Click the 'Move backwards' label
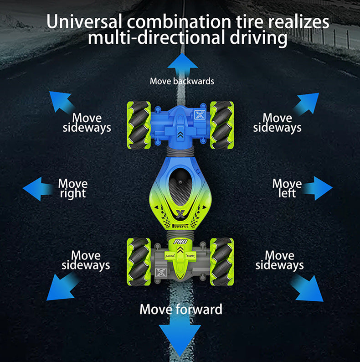click(182, 81)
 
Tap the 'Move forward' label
click(181, 309)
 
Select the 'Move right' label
click(72, 188)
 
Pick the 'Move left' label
click(287, 188)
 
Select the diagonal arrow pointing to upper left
click(61, 102)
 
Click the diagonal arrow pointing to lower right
click(307, 288)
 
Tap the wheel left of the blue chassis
click(139, 124)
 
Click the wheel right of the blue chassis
click(222, 124)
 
